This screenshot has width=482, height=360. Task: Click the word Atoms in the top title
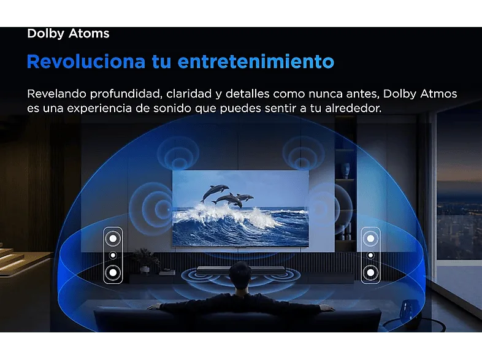89,33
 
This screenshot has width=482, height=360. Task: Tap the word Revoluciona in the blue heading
86,61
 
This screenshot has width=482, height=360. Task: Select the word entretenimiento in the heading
256,61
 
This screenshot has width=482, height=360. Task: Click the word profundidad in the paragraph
126,94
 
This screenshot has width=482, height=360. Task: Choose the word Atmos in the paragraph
438,94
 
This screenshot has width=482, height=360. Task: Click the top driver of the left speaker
113,238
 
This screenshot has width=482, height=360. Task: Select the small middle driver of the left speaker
113,255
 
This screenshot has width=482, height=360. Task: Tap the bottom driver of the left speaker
113,272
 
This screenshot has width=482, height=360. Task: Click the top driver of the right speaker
371,238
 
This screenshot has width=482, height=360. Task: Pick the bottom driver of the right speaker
371,272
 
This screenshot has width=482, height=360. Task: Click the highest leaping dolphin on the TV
214,192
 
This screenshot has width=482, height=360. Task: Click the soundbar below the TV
242,270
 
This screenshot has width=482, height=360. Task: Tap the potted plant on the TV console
146,261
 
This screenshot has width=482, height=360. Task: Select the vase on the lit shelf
346,170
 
